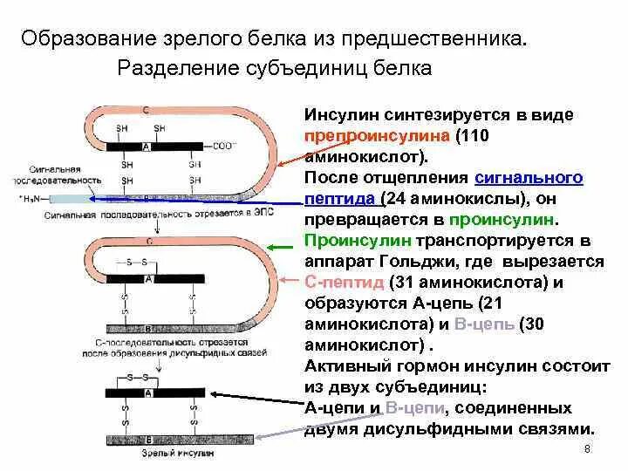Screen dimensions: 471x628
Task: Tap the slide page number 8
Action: [586, 449]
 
